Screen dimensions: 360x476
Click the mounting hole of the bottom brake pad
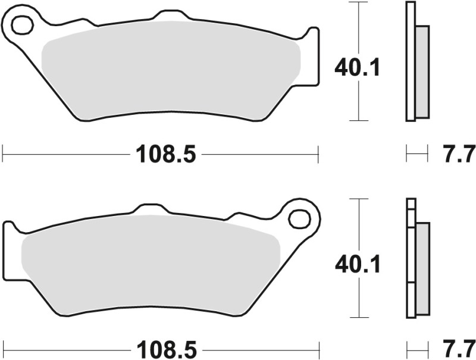(x=299, y=218)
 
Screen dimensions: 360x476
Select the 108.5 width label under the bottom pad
(x=166, y=348)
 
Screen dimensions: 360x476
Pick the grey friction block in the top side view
(x=421, y=71)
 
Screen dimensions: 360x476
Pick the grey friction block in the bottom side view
(x=422, y=268)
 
